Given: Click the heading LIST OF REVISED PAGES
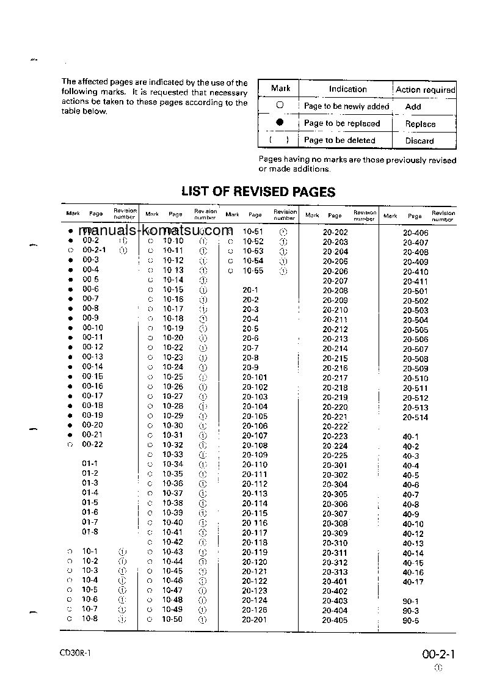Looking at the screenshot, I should tap(258, 192).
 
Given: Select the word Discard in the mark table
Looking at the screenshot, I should tap(419, 140).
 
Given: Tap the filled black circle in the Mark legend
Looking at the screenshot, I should tap(280, 123).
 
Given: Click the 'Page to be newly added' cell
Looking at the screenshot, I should tap(346, 106).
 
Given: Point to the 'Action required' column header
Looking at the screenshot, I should tap(425, 89).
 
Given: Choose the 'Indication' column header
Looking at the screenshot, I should tap(347, 89).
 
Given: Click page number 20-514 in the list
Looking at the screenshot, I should tap(415, 418).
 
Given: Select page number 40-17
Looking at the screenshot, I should tap(413, 582).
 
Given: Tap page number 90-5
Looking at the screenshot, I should tap(410, 621).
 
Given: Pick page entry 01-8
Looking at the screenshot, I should tap(90, 532).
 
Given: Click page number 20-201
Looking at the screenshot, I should tap(255, 619).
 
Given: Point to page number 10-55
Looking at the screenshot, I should tap(253, 271).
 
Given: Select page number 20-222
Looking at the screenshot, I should tap(335, 426).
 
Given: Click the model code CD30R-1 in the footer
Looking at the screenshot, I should tap(75, 653).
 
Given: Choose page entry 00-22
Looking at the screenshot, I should tap(93, 444).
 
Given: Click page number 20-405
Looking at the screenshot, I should tap(335, 621).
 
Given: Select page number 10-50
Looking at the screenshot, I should tap(172, 619).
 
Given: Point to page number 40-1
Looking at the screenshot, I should tap(410, 437).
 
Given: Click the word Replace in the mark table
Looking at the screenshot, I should tap(420, 124).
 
